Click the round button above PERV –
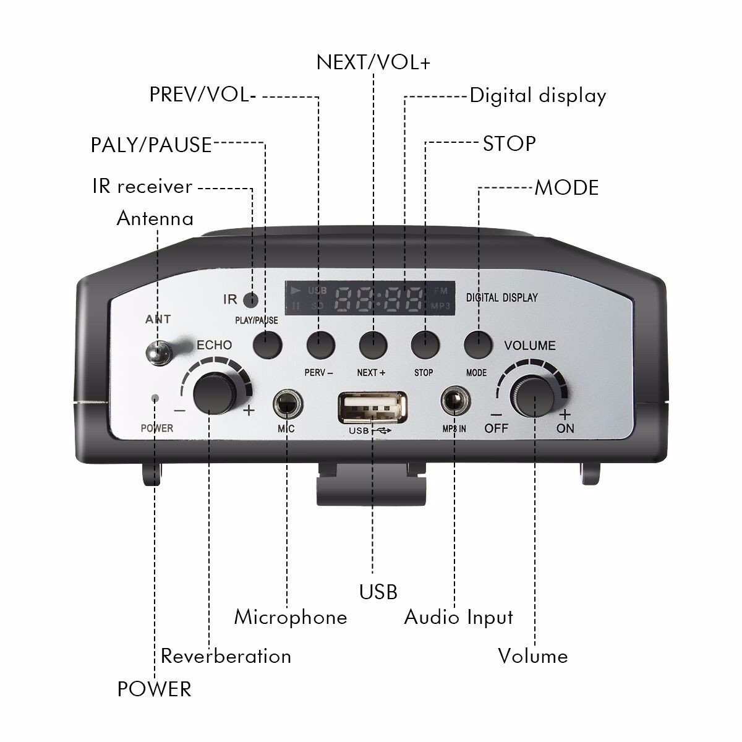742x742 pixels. pyautogui.click(x=320, y=344)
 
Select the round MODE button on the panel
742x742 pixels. pyautogui.click(x=479, y=344)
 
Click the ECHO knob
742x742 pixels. pyautogui.click(x=215, y=393)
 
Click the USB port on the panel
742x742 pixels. pyautogui.click(x=372, y=408)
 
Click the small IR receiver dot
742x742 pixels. pyautogui.click(x=250, y=300)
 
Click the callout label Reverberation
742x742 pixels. pyautogui.click(x=226, y=656)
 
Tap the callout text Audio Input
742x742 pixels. pyautogui.click(x=459, y=617)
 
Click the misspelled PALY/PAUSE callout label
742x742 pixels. pyautogui.click(x=151, y=145)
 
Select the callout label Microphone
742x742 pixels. pyautogui.click(x=291, y=617)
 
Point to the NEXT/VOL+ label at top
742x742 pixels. pyautogui.click(x=373, y=62)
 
